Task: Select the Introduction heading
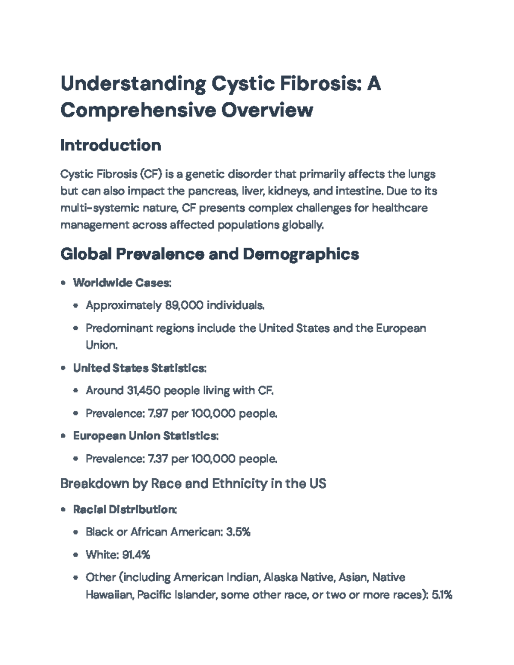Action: coord(111,145)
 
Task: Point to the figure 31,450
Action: coord(143,391)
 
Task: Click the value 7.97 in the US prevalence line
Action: coord(157,414)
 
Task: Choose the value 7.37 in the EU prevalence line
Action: coord(157,459)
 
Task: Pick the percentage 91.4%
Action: coord(136,555)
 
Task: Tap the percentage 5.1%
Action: coord(442,595)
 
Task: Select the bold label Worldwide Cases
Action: coord(122,283)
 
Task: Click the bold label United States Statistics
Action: coord(140,368)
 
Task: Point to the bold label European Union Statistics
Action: coord(146,436)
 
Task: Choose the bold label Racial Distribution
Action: coord(125,510)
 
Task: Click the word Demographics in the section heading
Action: coord(301,254)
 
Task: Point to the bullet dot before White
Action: coord(76,555)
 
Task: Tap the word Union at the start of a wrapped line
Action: coord(102,345)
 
